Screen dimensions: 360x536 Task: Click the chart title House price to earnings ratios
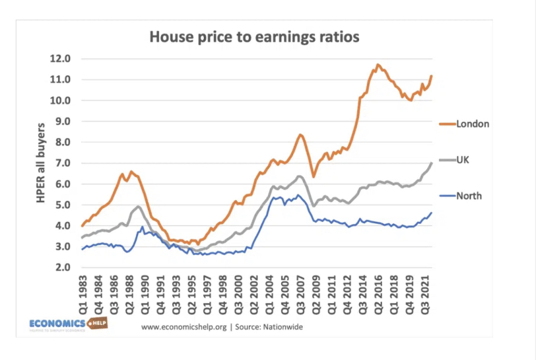(254, 37)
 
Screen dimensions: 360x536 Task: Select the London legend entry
(472, 124)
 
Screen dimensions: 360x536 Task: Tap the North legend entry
(468, 196)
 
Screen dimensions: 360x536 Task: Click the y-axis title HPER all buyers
(41, 163)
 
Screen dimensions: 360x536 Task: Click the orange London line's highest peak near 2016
(378, 64)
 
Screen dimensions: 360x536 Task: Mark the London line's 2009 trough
(313, 176)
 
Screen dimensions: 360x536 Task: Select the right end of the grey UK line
(430, 163)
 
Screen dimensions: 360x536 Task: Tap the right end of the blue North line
(430, 213)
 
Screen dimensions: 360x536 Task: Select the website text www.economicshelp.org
(183, 327)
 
